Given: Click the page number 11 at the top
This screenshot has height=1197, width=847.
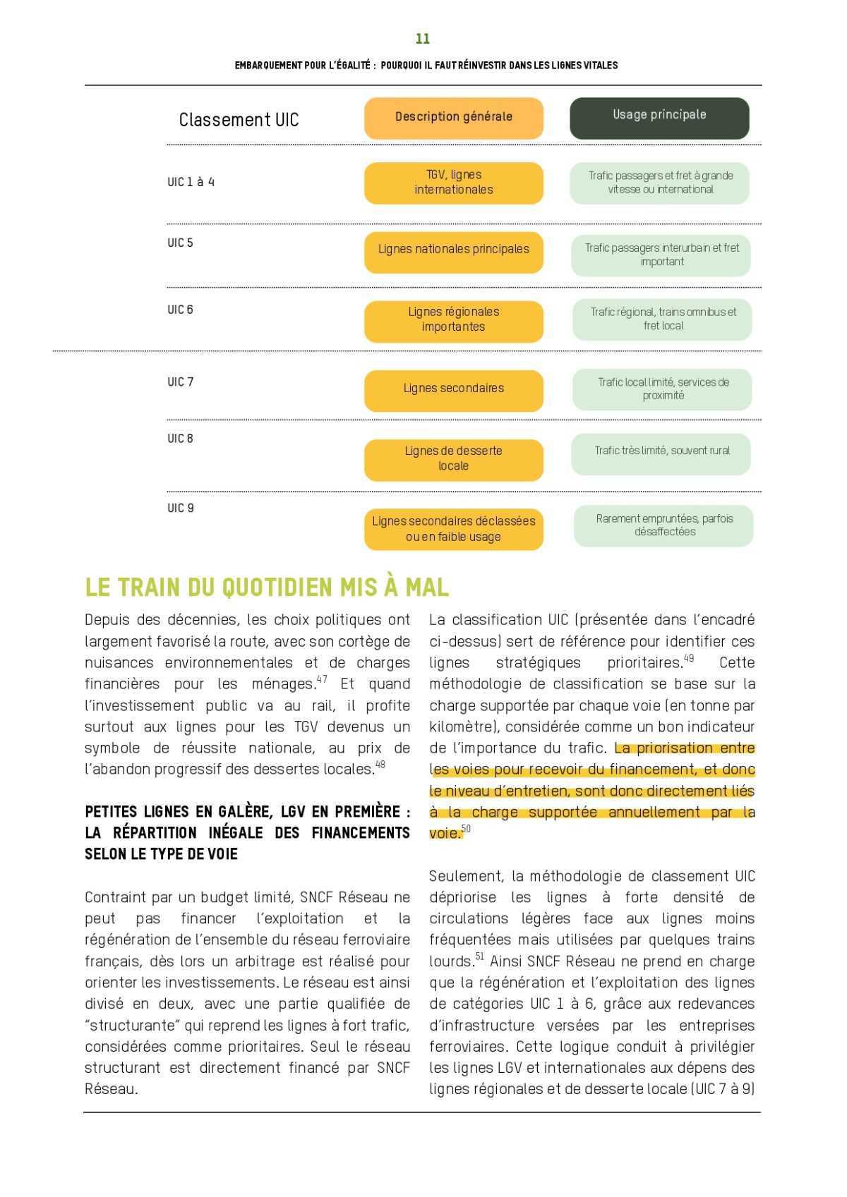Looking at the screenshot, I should pyautogui.click(x=423, y=39).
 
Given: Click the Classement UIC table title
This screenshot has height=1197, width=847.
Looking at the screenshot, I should pyautogui.click(x=239, y=120).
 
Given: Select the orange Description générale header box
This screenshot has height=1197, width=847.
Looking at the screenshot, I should pyautogui.click(x=453, y=117).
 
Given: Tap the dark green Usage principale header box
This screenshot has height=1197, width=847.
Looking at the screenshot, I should pyautogui.click(x=659, y=117).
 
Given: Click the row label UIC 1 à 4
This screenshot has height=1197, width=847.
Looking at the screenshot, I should pyautogui.click(x=191, y=182).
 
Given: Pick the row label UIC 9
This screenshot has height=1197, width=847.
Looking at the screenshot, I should pyautogui.click(x=181, y=508).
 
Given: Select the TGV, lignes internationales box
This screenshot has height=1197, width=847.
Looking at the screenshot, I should pyautogui.click(x=453, y=183).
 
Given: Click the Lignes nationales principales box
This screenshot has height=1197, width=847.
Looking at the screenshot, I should pyautogui.click(x=453, y=250).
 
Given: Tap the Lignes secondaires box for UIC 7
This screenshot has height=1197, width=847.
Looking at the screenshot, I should pyautogui.click(x=453, y=389).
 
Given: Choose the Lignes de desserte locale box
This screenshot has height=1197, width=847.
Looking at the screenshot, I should pyautogui.click(x=453, y=458).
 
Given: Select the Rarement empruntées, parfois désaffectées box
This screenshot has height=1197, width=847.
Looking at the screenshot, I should pyautogui.click(x=663, y=525).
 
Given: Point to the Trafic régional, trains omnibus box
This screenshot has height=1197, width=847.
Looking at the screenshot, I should pyautogui.click(x=662, y=319).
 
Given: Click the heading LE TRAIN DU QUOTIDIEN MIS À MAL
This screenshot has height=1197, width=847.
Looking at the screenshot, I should pyautogui.click(x=267, y=588).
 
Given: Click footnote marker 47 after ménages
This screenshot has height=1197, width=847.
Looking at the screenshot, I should pyautogui.click(x=322, y=679).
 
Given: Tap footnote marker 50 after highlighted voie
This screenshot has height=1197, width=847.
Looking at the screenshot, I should pyautogui.click(x=466, y=829).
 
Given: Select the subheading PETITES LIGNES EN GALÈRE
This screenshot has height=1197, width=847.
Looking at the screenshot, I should pyautogui.click(x=247, y=812).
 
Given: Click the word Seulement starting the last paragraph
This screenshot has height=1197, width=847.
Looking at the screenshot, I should pyautogui.click(x=466, y=877).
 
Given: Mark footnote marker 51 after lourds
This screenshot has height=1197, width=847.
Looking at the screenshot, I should pyautogui.click(x=479, y=957).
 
